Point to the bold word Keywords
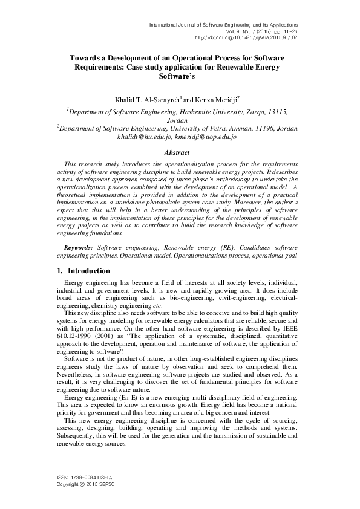point(79,248)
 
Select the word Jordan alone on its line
point(180,120)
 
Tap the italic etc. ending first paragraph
point(156,306)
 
